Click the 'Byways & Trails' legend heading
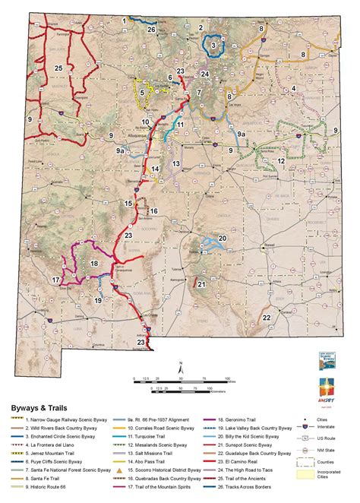(x=36, y=407)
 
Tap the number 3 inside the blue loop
(x=213, y=46)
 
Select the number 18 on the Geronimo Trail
(x=94, y=263)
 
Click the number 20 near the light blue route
(x=223, y=238)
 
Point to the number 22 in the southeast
(x=267, y=318)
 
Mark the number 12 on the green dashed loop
(x=280, y=161)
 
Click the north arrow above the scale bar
(x=180, y=366)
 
